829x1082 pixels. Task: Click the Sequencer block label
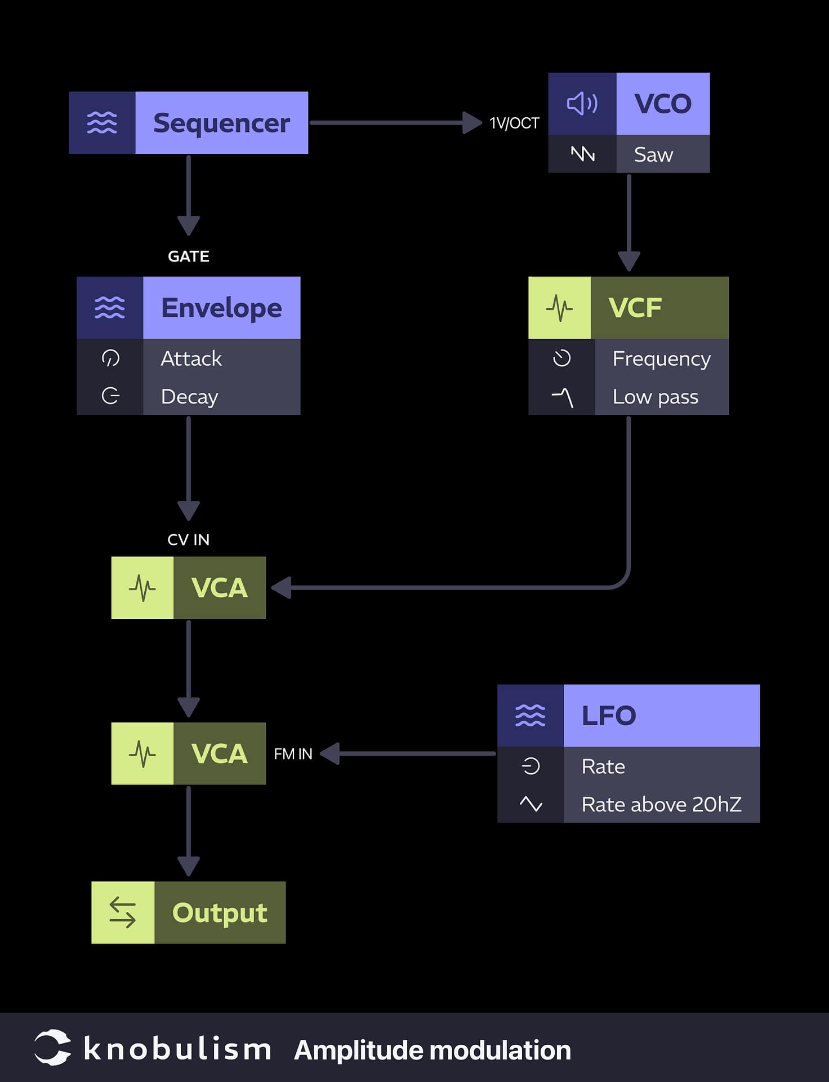[x=221, y=123]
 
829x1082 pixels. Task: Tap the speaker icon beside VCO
[x=582, y=104]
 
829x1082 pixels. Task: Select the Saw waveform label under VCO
[x=653, y=154]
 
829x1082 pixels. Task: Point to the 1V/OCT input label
[x=514, y=123]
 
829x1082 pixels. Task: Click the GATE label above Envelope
[x=189, y=256]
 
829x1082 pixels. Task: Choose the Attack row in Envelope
[x=191, y=358]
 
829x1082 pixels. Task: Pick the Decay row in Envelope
[x=189, y=397]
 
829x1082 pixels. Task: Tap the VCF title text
[x=635, y=308]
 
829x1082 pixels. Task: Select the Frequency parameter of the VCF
[x=661, y=358]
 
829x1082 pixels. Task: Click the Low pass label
[x=655, y=397]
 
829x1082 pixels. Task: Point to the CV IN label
[x=189, y=540]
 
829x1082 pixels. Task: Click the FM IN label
[x=293, y=754]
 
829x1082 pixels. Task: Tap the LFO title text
[x=608, y=716]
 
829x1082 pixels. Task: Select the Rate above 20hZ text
[x=661, y=805]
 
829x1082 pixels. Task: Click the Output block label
[x=220, y=913]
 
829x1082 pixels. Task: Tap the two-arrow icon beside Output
[x=123, y=913]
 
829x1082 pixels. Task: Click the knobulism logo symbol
[x=52, y=1048]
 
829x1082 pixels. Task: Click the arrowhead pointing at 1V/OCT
[x=471, y=123]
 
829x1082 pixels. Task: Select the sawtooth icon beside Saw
[x=582, y=154]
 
